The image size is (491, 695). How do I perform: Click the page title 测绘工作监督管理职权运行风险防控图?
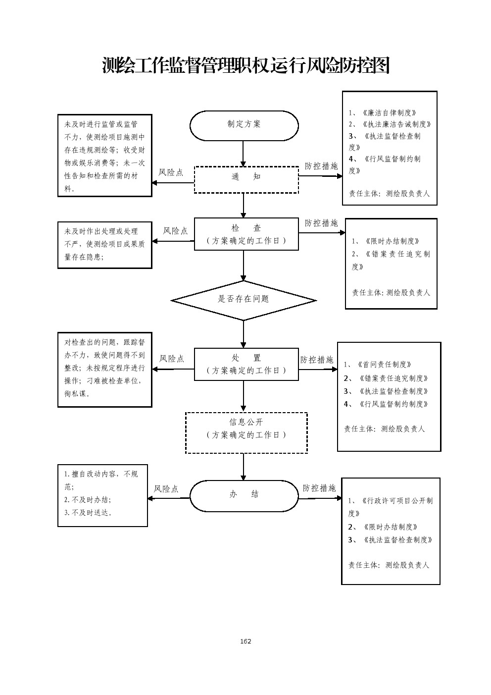[245, 65]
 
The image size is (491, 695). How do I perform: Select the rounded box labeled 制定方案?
[244, 125]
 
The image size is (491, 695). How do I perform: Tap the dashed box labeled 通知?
[246, 179]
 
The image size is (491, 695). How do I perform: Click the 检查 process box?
[246, 234]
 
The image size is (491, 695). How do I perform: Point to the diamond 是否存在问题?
[244, 300]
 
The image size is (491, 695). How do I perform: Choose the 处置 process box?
[246, 364]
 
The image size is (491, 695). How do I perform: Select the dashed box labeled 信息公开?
[246, 432]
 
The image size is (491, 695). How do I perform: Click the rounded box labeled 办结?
[244, 495]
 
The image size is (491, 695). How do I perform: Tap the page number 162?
[245, 641]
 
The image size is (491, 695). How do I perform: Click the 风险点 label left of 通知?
[171, 172]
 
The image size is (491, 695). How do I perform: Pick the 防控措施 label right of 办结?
[319, 488]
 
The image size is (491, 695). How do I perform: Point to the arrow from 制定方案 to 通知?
[243, 154]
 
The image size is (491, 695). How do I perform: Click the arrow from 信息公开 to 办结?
[243, 467]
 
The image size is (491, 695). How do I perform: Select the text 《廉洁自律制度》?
[389, 113]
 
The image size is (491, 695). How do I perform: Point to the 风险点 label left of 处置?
[172, 359]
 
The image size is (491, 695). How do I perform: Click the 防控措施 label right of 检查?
[321, 223]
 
